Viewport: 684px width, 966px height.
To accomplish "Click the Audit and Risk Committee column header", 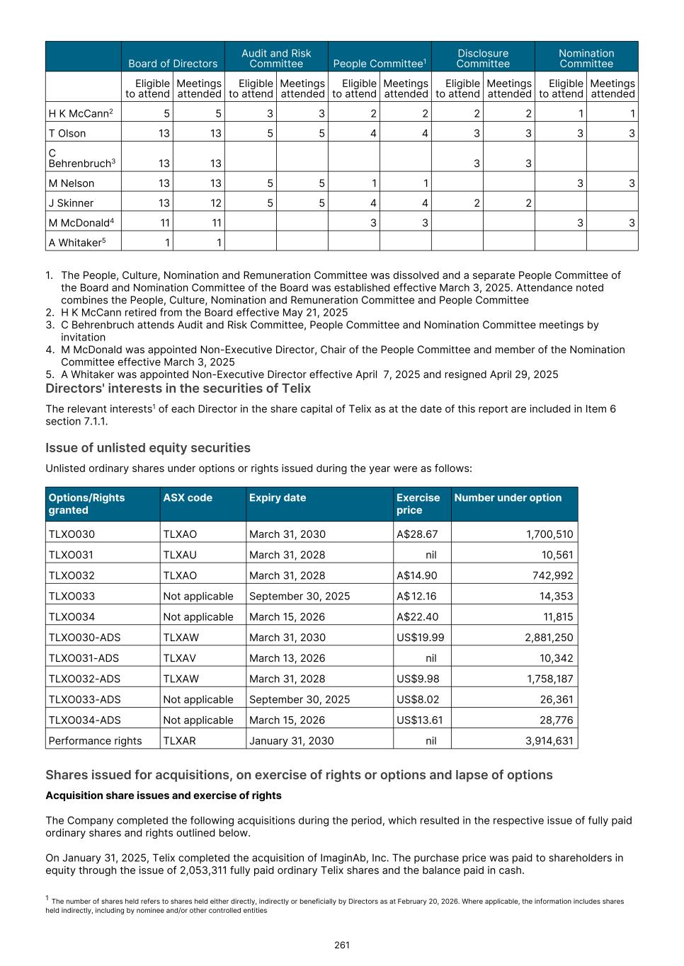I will pyautogui.click(x=276, y=58).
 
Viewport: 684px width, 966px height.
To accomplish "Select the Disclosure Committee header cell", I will pyautogui.click(x=483, y=58).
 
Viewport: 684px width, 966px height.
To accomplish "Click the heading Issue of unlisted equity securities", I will pyautogui.click(x=148, y=448).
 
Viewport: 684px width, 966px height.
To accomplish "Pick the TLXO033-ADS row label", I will pyautogui.click(x=84, y=699).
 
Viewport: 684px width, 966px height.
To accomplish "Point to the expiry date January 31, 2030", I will pyautogui.click(x=291, y=740).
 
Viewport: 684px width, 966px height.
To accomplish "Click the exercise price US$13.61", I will pyautogui.click(x=420, y=720).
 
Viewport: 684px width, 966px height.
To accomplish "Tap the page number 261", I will pyautogui.click(x=342, y=945).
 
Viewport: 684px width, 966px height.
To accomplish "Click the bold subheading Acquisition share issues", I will pyautogui.click(x=163, y=795).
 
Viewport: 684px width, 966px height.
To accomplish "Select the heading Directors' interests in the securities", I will pyautogui.click(x=178, y=389).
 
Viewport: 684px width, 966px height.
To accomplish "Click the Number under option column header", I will pyautogui.click(x=508, y=498).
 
